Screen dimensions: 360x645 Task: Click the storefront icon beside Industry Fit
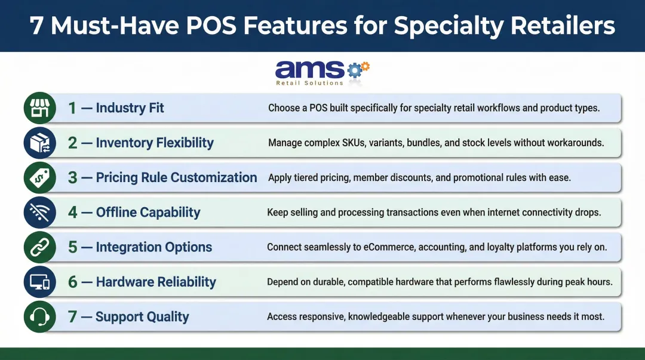coord(39,108)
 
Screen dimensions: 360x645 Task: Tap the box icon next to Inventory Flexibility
coord(39,143)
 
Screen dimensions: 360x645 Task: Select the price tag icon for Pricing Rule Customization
coord(39,177)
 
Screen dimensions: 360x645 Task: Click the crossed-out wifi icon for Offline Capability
coord(39,212)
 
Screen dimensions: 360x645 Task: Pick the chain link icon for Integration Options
coord(39,247)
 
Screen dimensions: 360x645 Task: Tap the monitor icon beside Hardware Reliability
coord(39,282)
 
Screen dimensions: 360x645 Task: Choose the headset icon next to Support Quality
coord(39,316)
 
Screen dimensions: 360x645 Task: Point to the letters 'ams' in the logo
coord(309,70)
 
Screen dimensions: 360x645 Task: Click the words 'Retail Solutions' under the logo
coord(309,83)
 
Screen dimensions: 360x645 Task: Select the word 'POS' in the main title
coord(214,26)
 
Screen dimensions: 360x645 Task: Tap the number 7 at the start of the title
coord(36,26)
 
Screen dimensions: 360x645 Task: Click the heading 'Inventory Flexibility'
coord(155,143)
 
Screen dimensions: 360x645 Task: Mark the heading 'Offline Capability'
coord(148,212)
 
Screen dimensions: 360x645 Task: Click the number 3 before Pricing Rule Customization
coord(72,177)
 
